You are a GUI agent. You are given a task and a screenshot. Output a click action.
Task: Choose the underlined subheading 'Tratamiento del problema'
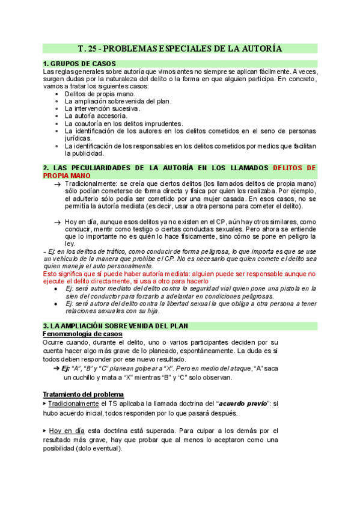(84, 394)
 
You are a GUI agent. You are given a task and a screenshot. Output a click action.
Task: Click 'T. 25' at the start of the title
(89, 48)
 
